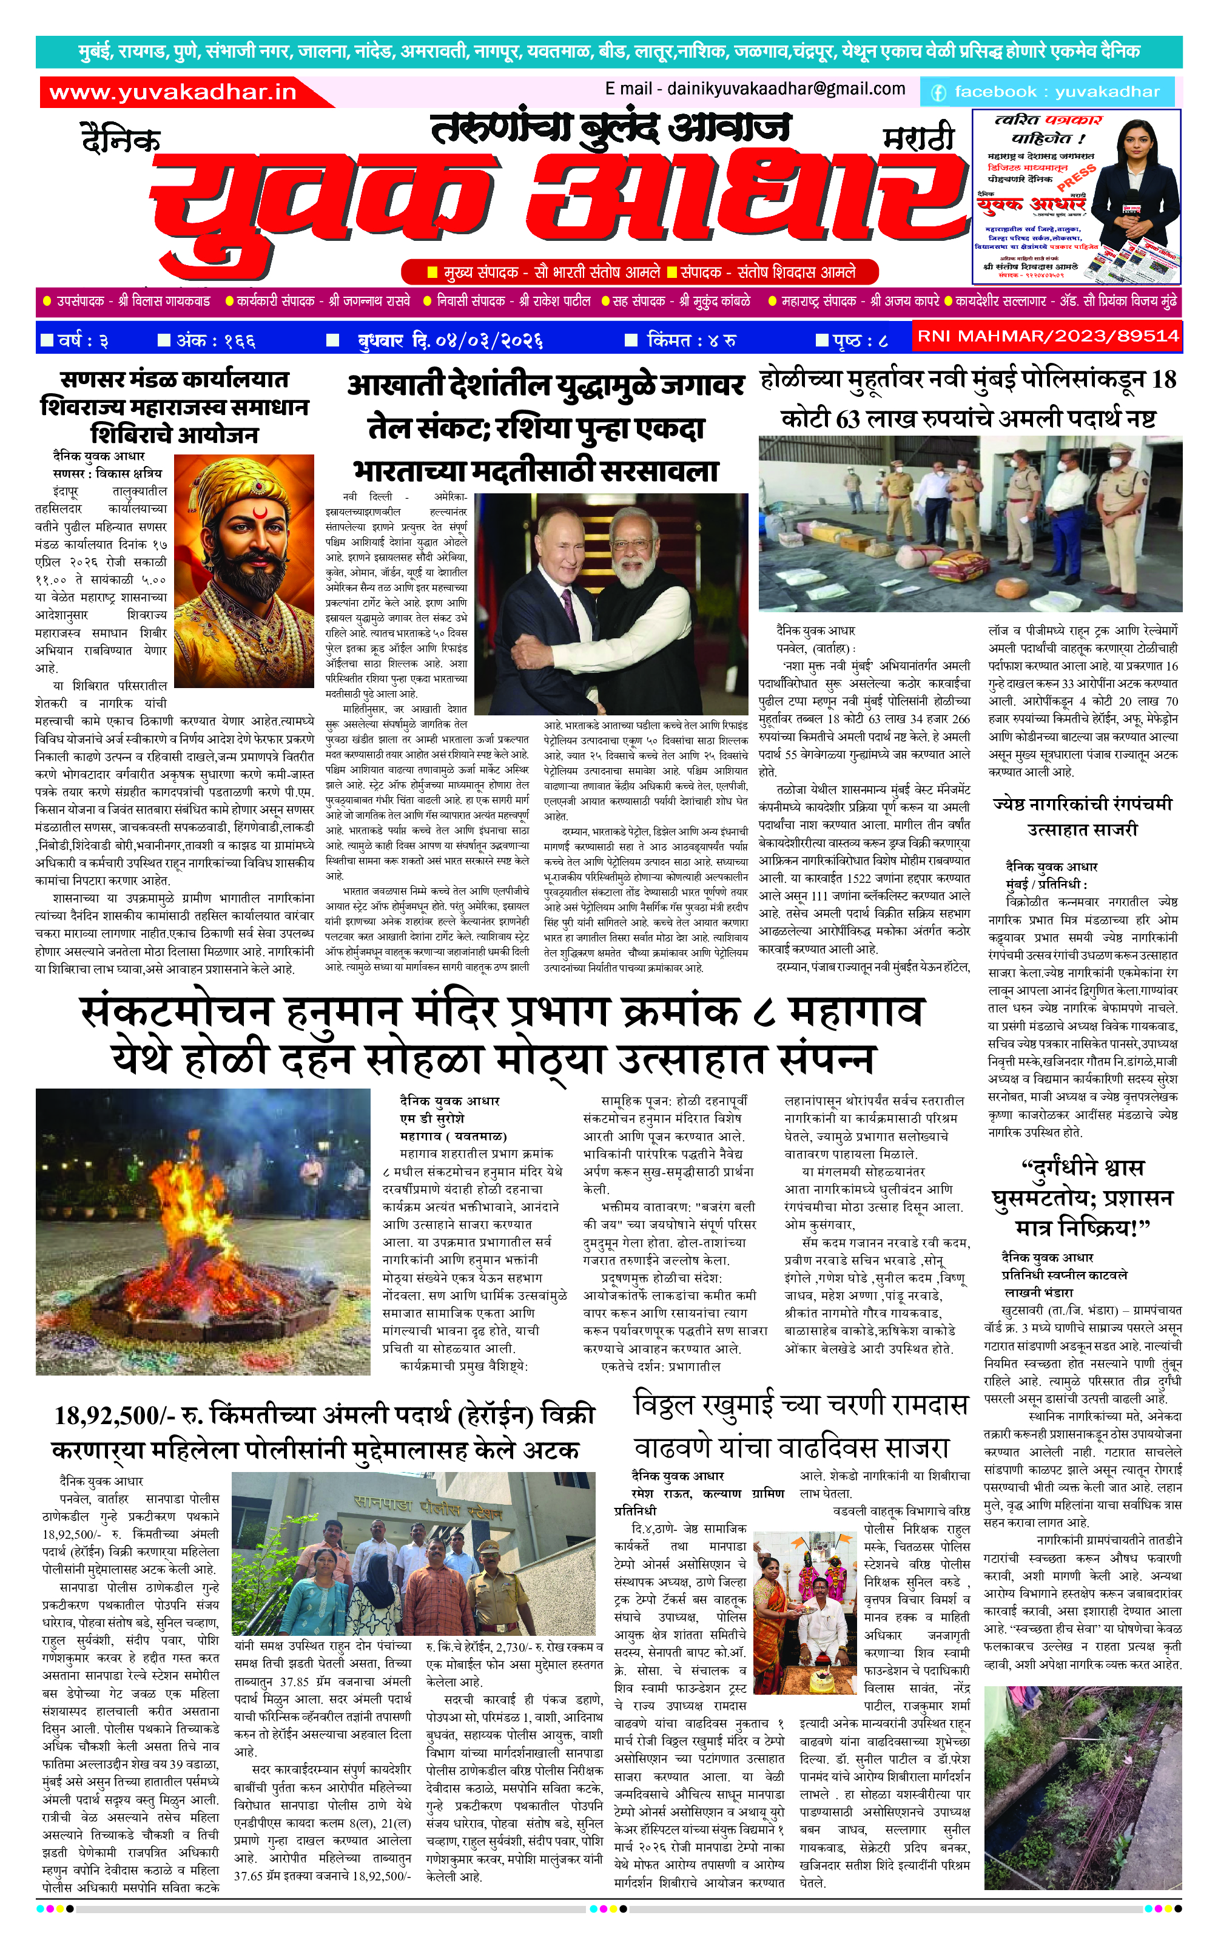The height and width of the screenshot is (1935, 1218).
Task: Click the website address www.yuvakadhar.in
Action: [x=173, y=92]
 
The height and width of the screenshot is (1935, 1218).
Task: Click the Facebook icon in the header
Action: [x=938, y=92]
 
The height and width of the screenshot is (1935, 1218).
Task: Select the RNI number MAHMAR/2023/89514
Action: [x=1048, y=336]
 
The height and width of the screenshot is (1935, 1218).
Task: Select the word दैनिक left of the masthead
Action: [x=121, y=139]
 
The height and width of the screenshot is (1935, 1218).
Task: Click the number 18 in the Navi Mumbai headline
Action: [x=1163, y=379]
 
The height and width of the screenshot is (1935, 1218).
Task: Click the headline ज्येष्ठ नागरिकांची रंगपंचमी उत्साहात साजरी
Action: [x=1082, y=816]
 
